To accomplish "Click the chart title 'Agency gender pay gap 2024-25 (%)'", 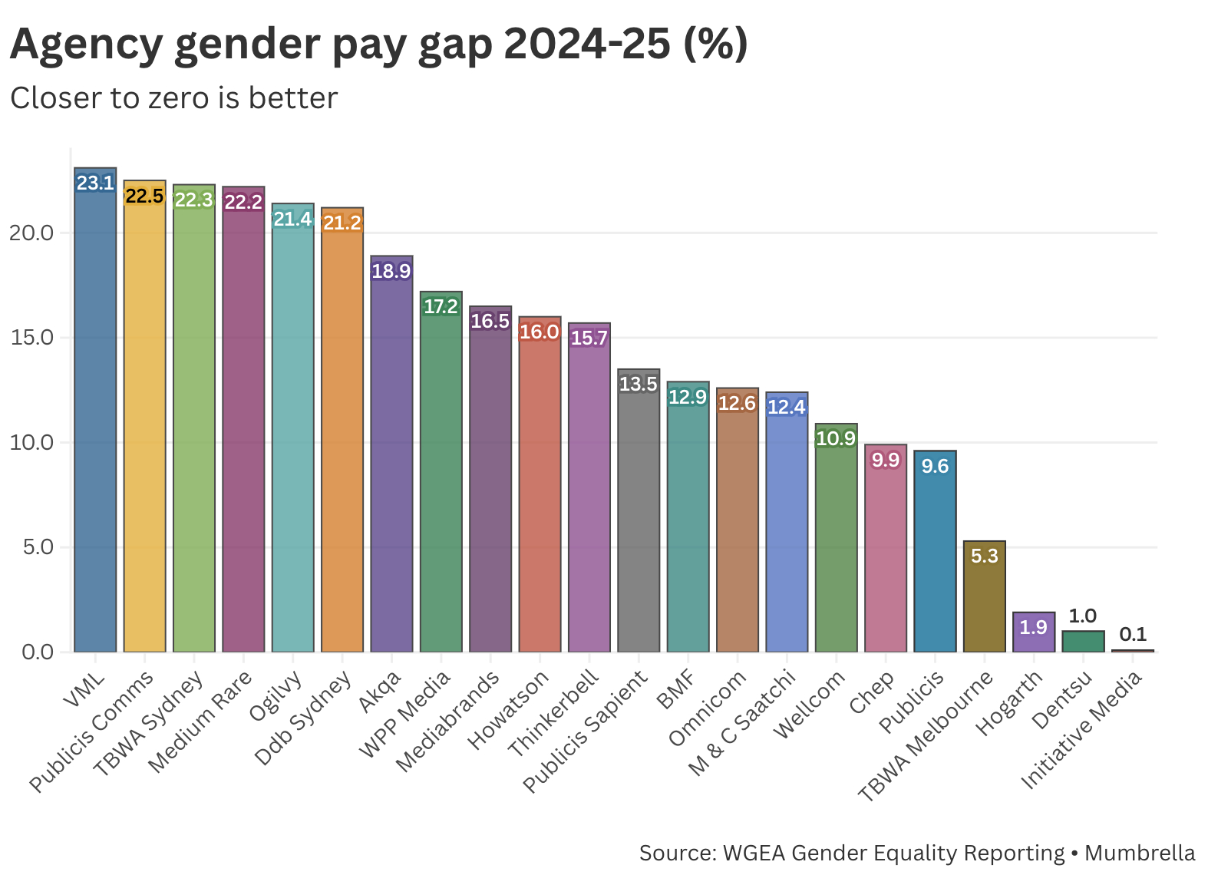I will (378, 44).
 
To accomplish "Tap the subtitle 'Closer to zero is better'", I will (174, 98).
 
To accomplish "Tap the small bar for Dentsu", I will (1083, 642).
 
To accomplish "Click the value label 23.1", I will (95, 183).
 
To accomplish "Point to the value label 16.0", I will (540, 332).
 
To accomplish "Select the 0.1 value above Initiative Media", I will (1133, 634).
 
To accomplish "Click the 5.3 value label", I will (985, 556).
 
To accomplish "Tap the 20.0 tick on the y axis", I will (31, 233).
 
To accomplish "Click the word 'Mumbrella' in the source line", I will (1140, 854).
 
